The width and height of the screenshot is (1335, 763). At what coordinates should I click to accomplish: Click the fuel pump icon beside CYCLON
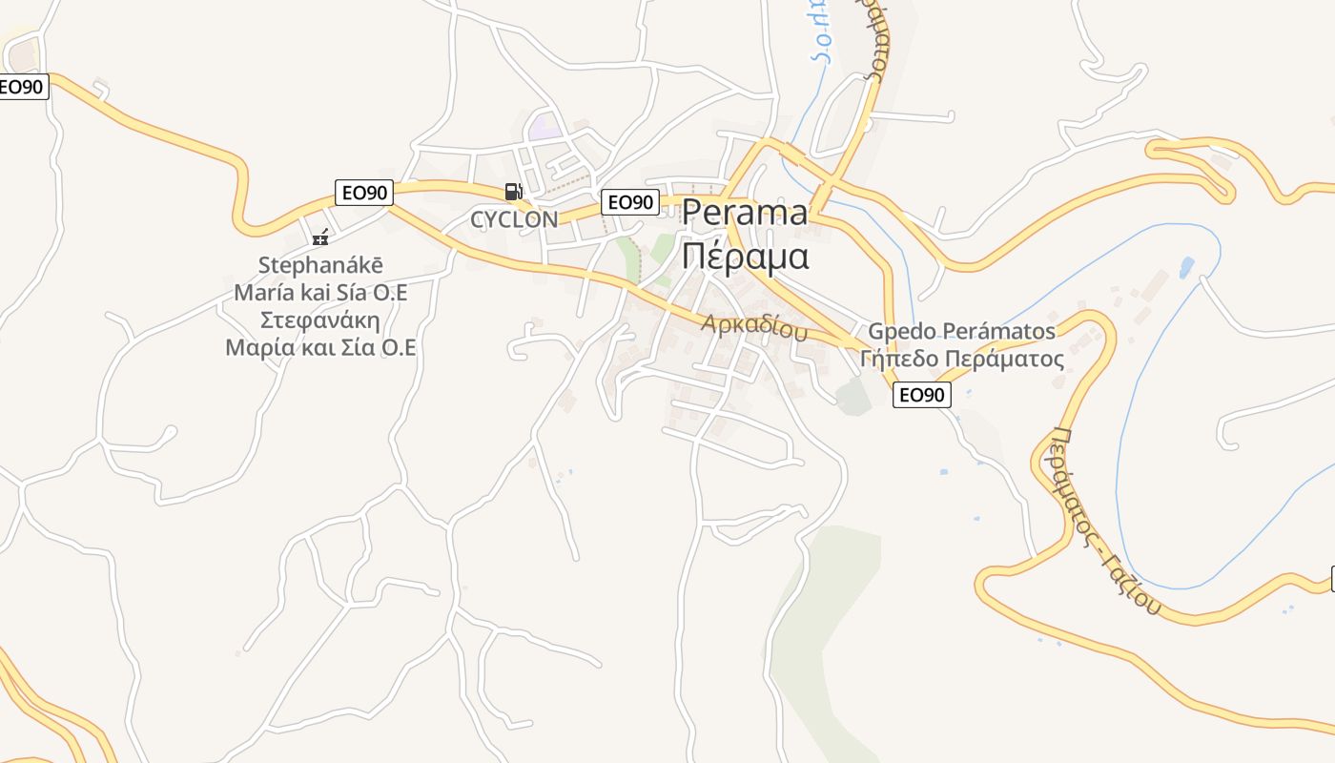pos(513,192)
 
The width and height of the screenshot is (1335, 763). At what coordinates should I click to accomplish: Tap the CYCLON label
pos(514,219)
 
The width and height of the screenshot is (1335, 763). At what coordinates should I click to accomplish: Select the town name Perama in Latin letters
pos(745,213)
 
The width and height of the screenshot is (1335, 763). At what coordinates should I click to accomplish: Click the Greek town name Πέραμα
pos(745,257)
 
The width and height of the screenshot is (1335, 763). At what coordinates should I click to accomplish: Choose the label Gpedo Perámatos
pos(961,332)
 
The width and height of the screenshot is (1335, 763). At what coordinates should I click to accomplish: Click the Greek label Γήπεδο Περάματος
pos(961,360)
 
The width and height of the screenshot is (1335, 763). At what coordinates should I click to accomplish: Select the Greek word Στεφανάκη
pos(320,320)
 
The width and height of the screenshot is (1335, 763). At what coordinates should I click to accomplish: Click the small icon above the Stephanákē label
pos(320,237)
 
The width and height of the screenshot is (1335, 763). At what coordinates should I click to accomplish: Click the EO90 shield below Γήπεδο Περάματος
pos(921,395)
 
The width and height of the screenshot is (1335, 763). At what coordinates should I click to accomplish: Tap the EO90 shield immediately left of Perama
pos(629,202)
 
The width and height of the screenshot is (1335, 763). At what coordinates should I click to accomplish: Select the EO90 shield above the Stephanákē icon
pos(364,193)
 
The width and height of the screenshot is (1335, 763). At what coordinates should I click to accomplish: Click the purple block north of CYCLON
pos(544,125)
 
